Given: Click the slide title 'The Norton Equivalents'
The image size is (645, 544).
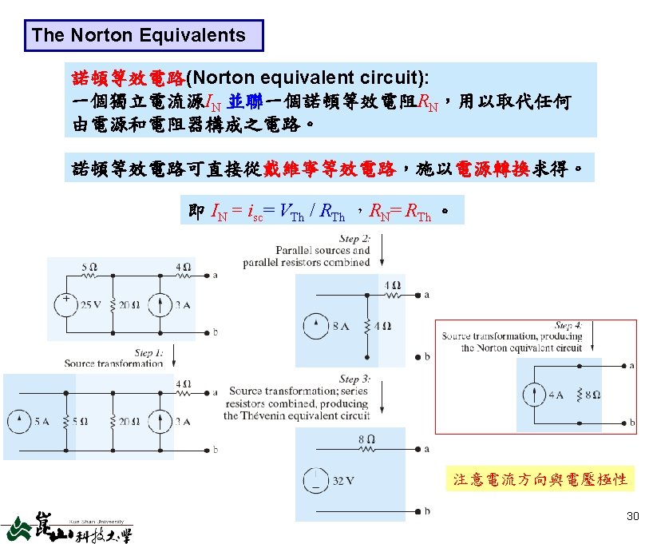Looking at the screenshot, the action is coord(138,35).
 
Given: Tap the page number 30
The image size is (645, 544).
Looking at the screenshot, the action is coord(632,517).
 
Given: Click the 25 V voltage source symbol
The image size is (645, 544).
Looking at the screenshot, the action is coord(62,305).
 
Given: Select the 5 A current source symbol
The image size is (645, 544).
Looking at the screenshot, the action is coord(16,421).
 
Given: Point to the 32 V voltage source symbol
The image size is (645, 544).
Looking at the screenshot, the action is coord(314,479).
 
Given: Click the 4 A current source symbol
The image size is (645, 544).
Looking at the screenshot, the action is coord(530,395).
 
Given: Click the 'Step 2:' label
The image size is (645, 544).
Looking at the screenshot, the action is coord(354,239).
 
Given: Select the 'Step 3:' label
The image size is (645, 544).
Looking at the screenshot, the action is coord(354,379).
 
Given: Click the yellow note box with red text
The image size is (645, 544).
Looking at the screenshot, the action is coord(540,479).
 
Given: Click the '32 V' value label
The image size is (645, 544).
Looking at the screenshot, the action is coord(344,480).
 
